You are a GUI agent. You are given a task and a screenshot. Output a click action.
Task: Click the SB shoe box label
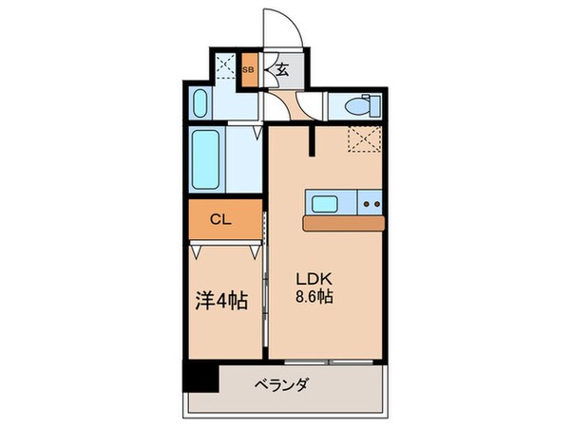[249, 69]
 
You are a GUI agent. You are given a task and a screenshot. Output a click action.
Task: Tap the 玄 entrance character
[282, 69]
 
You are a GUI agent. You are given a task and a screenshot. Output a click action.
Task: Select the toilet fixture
[355, 106]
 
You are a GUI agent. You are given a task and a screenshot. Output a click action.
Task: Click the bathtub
[206, 158]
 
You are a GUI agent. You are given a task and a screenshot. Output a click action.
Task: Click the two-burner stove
[371, 203]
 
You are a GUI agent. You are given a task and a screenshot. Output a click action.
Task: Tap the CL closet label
[219, 219]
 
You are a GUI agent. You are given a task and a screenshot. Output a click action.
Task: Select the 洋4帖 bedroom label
[221, 301]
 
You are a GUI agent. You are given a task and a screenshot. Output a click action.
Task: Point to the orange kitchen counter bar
[344, 222]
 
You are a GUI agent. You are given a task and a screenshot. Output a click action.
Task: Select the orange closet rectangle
[224, 220]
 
